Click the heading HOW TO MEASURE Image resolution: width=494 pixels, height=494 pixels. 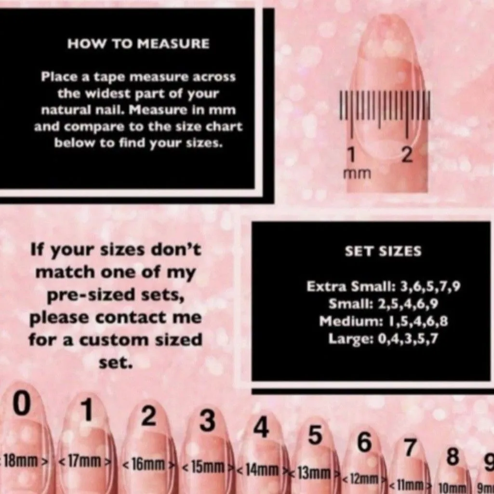tap(138, 43)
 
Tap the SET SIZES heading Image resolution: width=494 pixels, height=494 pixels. tap(383, 251)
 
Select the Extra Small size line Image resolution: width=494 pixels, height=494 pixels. tap(384, 286)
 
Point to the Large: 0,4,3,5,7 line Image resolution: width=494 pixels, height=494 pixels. tap(383, 339)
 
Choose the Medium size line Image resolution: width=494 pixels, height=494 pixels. tap(384, 321)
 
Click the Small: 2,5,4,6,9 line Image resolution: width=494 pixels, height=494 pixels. tap(383, 304)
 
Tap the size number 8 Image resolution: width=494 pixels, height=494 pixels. tap(453, 457)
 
